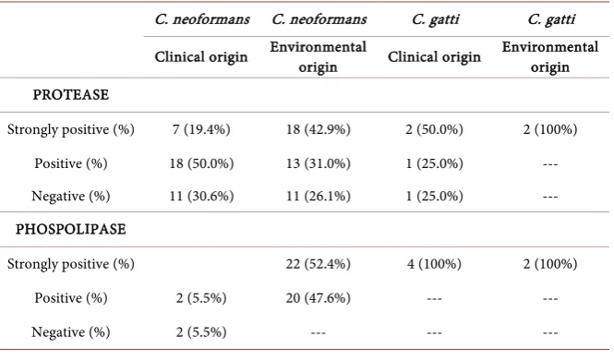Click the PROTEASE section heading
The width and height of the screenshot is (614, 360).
(x=71, y=95)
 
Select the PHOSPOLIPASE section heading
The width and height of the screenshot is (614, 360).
(x=71, y=229)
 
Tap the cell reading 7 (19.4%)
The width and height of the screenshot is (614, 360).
(x=201, y=129)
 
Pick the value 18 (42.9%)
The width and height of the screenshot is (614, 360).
(x=318, y=129)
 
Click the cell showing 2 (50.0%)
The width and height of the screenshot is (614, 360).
(x=434, y=129)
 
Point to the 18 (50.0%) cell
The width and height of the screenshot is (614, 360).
(x=201, y=163)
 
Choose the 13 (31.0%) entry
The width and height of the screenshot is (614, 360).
(x=318, y=163)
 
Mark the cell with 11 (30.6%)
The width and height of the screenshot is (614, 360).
(x=201, y=196)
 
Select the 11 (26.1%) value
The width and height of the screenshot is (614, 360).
(x=318, y=196)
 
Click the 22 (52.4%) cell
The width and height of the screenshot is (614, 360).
(x=318, y=264)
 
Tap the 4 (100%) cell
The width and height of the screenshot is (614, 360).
(x=434, y=264)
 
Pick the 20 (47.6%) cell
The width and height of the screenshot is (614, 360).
(x=318, y=298)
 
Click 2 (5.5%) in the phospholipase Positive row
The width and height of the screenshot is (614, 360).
(x=201, y=298)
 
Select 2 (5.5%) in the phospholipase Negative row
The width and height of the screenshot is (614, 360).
(x=201, y=331)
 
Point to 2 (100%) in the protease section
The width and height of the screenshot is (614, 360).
(x=550, y=129)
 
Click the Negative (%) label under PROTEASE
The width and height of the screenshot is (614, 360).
(x=71, y=196)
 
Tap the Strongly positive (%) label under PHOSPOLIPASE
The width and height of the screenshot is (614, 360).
(x=71, y=264)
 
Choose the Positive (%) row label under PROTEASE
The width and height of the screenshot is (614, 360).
(x=71, y=163)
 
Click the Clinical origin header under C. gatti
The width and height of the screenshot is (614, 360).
(x=434, y=56)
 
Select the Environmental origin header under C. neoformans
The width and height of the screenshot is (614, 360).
(x=318, y=56)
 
